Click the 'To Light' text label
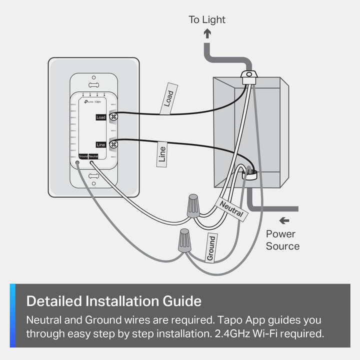pos(206,20)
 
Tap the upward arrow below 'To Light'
pos(207,34)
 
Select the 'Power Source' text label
pos(282,240)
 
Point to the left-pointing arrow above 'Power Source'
pos(284,220)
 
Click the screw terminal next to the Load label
pos(113,117)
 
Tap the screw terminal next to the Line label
pos(113,144)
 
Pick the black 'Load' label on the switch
pos(101,117)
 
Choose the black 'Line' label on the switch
pos(101,144)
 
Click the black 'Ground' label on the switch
pos(82,156)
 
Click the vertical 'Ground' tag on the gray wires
pos(211,247)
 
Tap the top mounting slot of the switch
pos(93,79)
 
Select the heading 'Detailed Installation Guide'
pos(113,301)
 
